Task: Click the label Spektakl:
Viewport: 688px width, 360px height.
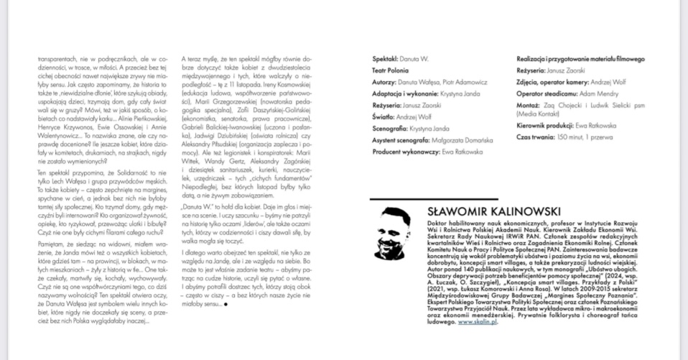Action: coord(386,59)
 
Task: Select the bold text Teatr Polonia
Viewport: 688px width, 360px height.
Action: coord(391,70)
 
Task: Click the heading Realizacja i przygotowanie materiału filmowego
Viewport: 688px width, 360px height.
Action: coord(581,59)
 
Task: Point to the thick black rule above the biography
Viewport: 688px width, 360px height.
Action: coord(511,199)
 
